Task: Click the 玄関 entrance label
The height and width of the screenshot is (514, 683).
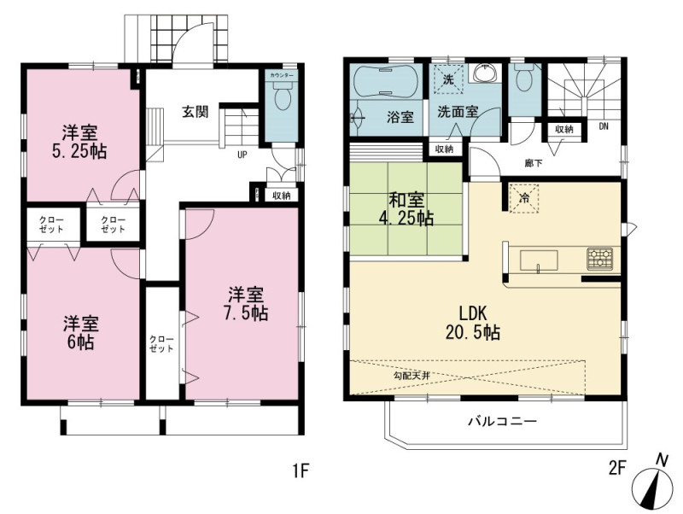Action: pyautogui.click(x=196, y=112)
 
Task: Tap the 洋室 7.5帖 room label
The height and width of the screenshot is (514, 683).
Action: pyautogui.click(x=246, y=304)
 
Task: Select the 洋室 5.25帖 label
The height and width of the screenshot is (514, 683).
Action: pyautogui.click(x=79, y=142)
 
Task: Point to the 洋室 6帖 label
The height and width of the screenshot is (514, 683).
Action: pyautogui.click(x=80, y=332)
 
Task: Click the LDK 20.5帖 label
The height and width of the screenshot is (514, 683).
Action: pyautogui.click(x=472, y=323)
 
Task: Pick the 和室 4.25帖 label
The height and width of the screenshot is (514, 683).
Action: pyautogui.click(x=406, y=209)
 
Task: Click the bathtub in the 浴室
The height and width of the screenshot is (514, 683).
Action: pyautogui.click(x=385, y=81)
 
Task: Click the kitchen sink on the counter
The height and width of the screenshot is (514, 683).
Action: pyautogui.click(x=540, y=260)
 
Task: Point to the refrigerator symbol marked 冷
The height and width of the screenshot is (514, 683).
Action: pyautogui.click(x=524, y=199)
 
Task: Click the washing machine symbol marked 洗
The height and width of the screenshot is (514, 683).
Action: pyautogui.click(x=448, y=79)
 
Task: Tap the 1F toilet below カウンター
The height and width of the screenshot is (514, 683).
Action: pyautogui.click(x=283, y=96)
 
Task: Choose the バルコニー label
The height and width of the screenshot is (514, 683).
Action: pyautogui.click(x=503, y=421)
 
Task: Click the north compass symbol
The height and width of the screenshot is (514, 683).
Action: pyautogui.click(x=651, y=485)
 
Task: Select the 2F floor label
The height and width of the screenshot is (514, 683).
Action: pyautogui.click(x=616, y=469)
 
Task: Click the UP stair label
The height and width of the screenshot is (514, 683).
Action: pyautogui.click(x=242, y=155)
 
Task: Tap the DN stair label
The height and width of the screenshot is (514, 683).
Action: pyautogui.click(x=604, y=126)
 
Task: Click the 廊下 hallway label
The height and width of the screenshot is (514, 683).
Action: pyautogui.click(x=534, y=163)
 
